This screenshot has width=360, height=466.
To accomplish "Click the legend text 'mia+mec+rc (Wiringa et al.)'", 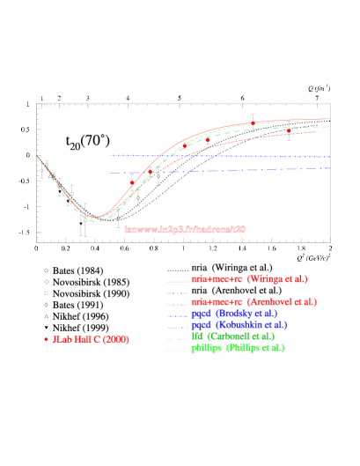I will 249,279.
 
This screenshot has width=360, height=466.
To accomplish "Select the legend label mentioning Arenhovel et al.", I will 253,302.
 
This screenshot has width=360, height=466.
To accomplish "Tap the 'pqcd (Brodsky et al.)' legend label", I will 234,314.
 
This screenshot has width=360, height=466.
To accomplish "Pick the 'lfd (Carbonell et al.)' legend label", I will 232,337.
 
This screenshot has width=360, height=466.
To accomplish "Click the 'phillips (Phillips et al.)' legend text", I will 238,348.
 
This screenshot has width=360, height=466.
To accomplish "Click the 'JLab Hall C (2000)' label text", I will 91,339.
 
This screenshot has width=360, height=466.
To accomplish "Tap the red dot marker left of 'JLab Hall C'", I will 46,339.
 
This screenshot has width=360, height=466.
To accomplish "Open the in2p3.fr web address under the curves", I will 185,229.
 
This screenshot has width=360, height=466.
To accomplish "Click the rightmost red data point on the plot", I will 288,130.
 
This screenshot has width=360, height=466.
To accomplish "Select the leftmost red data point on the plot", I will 132,182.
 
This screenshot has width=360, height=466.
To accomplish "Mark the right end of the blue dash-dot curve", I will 329,168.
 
